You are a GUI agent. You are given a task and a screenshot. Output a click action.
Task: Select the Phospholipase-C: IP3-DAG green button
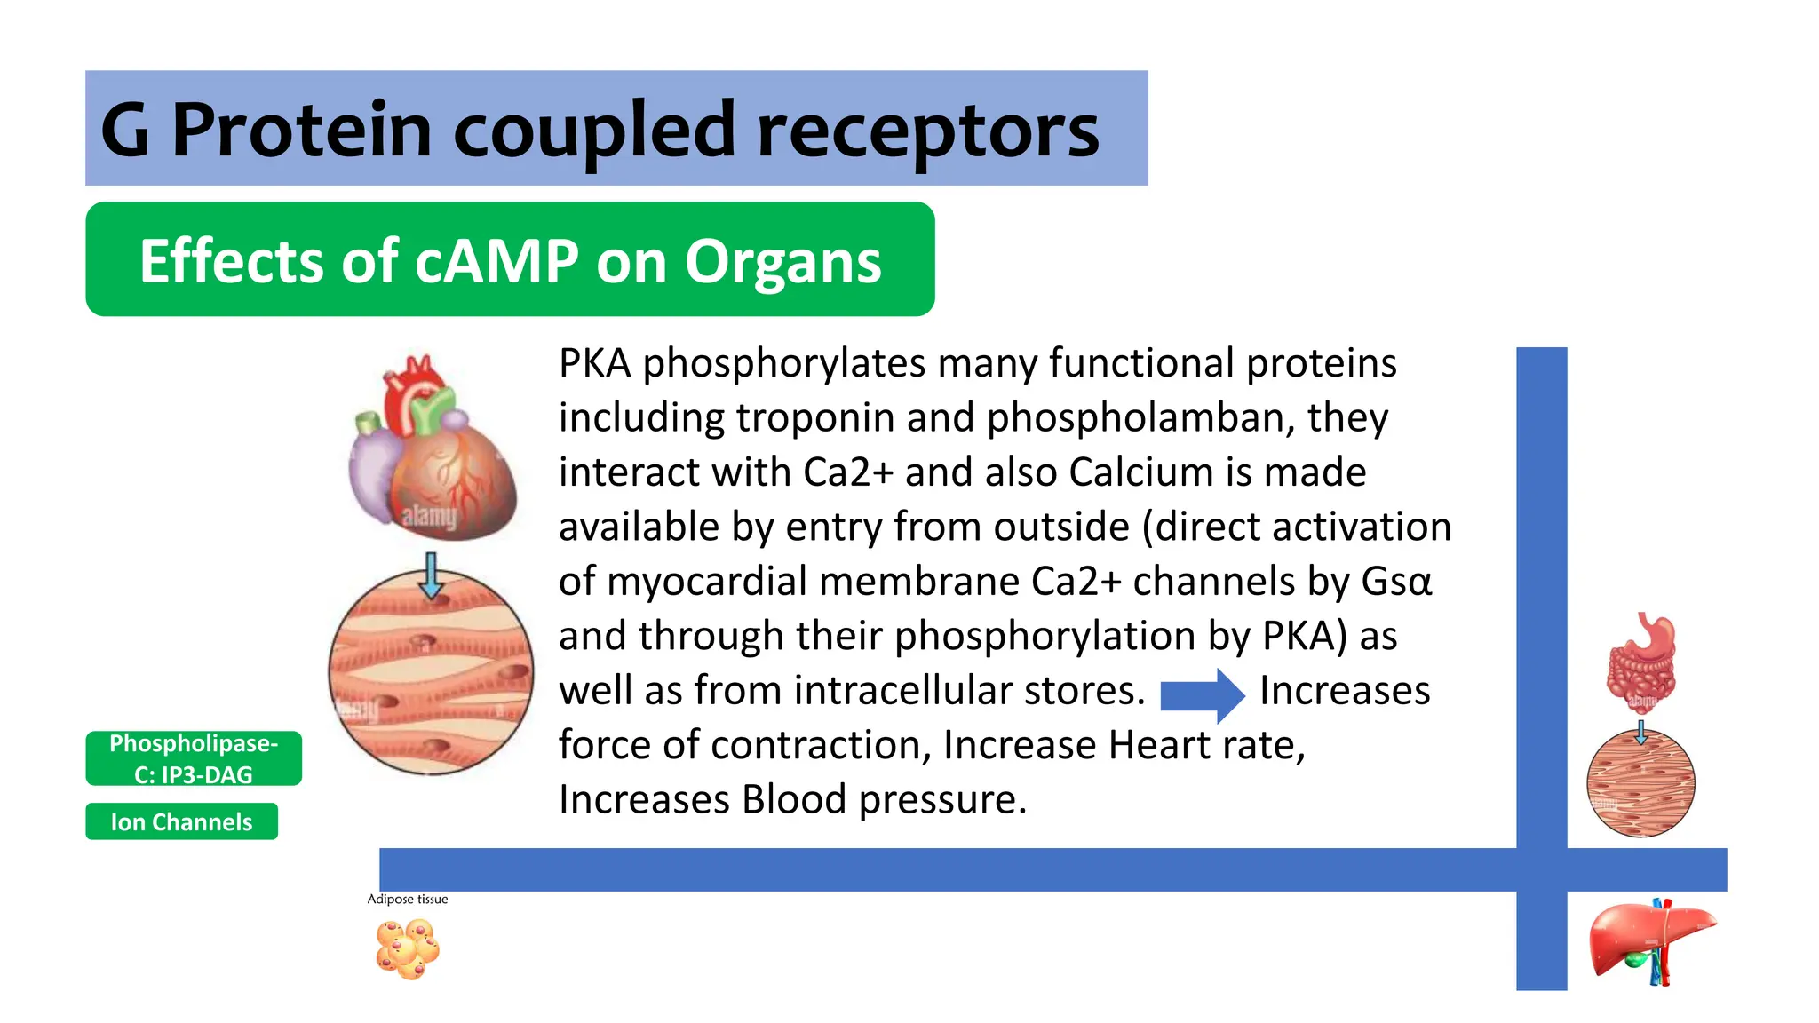coord(194,758)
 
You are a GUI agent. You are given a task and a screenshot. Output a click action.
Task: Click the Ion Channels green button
coord(181,821)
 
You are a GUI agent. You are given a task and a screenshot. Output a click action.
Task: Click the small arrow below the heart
coord(431,575)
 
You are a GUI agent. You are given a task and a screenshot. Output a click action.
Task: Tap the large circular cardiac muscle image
coord(431,672)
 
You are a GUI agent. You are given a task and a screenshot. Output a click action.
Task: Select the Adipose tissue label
coord(408,899)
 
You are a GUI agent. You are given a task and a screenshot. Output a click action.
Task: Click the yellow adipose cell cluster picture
coord(408,948)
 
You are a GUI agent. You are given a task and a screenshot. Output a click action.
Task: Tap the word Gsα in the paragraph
coord(1396,581)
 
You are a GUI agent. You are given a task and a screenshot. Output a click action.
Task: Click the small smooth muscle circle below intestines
coord(1640,783)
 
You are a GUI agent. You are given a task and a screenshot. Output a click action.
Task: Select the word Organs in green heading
coord(782,261)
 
